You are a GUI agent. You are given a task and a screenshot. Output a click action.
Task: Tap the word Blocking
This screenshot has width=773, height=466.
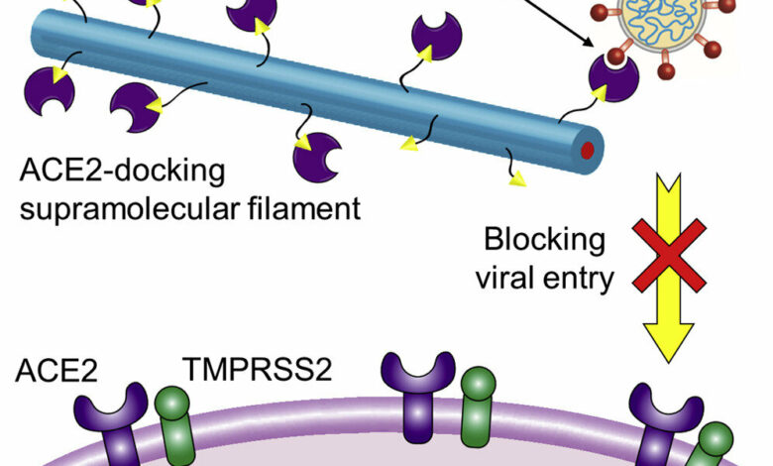(x=543, y=241)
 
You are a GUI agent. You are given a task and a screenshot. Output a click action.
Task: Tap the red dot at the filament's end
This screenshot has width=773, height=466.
(x=588, y=151)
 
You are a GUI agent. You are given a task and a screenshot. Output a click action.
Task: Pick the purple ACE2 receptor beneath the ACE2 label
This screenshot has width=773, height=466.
(x=112, y=421)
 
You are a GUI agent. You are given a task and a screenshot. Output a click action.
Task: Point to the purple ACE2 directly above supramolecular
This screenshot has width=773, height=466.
(x=135, y=107)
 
